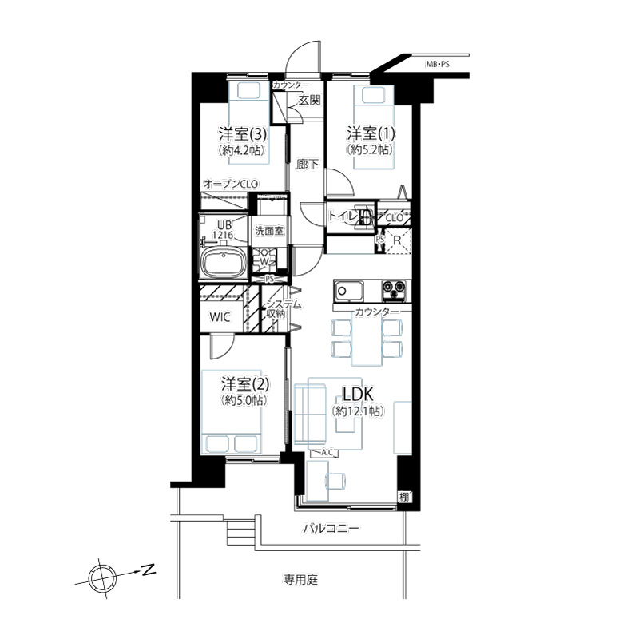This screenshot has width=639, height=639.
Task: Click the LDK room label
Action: [358, 394]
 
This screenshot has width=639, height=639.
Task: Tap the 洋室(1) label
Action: [371, 133]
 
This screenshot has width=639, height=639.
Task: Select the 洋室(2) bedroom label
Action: [245, 383]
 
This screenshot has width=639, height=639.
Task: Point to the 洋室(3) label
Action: [243, 133]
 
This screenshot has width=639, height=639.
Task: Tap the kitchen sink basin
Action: [348, 291]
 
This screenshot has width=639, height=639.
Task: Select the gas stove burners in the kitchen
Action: [394, 290]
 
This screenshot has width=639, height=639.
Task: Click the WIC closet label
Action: [220, 316]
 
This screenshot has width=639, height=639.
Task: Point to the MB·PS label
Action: [438, 64]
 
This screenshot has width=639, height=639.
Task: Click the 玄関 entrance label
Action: [309, 101]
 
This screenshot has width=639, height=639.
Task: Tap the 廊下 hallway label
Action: [308, 165]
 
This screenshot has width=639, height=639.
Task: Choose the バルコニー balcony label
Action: [331, 529]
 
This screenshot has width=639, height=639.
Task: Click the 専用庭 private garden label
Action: [301, 580]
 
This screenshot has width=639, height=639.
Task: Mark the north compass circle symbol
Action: [102, 577]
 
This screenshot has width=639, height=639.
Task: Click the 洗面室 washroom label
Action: [269, 231]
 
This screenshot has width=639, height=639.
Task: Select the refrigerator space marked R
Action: [397, 241]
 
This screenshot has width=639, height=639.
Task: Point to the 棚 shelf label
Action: [404, 497]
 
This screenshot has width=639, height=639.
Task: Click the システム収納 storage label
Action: [284, 309]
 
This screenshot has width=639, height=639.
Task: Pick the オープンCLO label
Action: [231, 185]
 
